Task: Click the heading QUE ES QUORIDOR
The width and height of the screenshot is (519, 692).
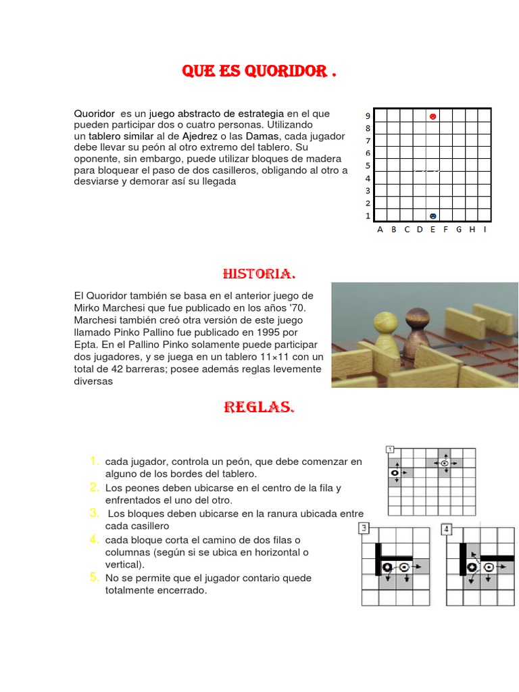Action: coord(259,72)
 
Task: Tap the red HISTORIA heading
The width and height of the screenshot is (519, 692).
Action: coord(259,274)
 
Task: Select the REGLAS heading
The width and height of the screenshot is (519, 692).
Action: coord(259,407)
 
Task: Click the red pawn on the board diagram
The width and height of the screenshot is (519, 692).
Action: coord(432,116)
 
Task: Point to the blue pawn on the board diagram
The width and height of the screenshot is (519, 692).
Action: coord(432,216)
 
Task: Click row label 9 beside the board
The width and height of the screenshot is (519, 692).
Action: coord(368,116)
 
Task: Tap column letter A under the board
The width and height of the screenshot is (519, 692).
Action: coord(380,229)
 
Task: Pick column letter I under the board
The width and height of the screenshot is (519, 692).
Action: coord(485,229)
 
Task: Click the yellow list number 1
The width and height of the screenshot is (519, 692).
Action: coord(95,461)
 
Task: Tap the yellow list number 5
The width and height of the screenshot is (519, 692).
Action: coord(95,577)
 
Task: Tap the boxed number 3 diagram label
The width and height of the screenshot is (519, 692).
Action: coord(365,528)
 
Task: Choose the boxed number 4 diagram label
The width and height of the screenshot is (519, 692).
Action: coord(447,528)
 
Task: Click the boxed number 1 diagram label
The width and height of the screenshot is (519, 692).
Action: coord(390,449)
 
